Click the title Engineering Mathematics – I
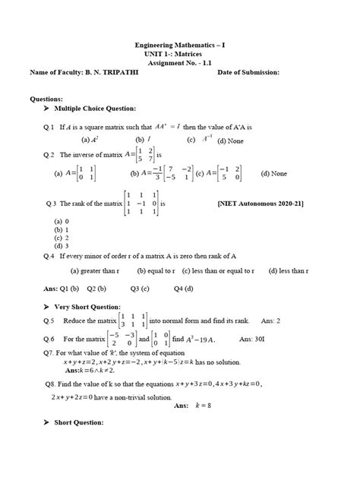click(x=179, y=46)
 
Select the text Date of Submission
click(x=248, y=72)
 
